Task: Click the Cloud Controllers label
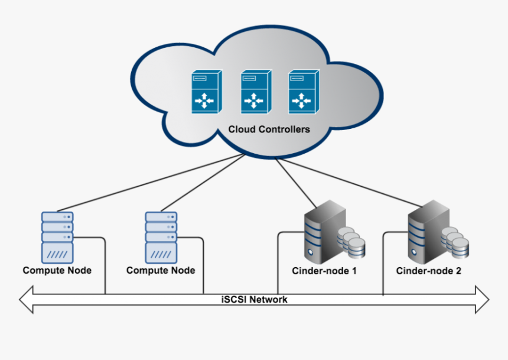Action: coord(269,129)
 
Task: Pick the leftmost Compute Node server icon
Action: coord(57,237)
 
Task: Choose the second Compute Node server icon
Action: coord(161,237)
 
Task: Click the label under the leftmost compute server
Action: coord(57,271)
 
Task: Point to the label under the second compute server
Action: coord(161,271)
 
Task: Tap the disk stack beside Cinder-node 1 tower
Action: coord(352,243)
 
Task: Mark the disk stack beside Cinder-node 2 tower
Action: coord(457,243)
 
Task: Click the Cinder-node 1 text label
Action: coord(325,271)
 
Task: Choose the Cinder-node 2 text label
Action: coord(429,271)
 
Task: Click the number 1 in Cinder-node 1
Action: coord(354,271)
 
